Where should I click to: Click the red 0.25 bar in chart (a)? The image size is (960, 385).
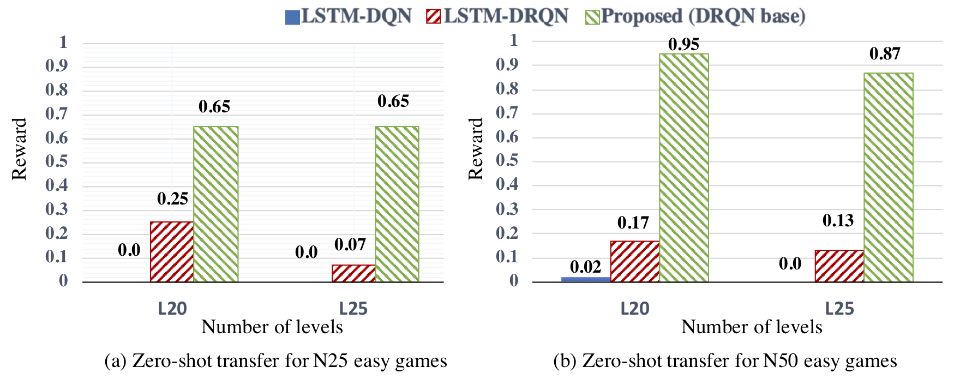pos(172,251)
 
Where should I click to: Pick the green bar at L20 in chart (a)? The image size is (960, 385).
pos(216,204)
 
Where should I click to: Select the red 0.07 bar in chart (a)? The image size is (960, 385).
pos(353,273)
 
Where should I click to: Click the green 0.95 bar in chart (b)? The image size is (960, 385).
pos(684,167)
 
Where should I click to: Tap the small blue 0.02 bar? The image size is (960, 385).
pos(586,279)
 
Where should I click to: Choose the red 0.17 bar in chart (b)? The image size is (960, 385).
pos(634,261)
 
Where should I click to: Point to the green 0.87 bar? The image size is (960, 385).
pos(888,177)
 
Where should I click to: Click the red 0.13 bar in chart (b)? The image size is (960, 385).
pos(839,266)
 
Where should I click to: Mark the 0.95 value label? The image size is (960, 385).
pos(683,44)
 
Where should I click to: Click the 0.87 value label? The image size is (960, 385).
pos(885,54)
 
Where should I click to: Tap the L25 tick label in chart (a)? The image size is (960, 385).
pos(353,309)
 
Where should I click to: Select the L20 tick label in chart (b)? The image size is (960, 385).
pos(635,309)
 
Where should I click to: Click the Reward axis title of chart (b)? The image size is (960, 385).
pos(476,149)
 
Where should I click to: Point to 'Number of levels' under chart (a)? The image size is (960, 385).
pos(272,327)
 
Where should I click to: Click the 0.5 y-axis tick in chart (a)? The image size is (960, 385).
pos(57,161)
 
